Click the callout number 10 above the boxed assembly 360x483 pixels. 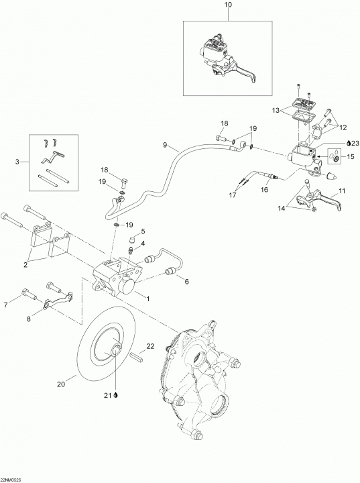point(229,5)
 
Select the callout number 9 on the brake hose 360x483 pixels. point(165,144)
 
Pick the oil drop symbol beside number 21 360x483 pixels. point(116,396)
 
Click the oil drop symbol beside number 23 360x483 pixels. point(348,144)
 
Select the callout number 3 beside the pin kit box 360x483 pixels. point(17,162)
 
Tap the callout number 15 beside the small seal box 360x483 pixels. point(351,157)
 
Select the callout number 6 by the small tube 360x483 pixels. point(186,281)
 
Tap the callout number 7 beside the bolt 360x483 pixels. point(6,305)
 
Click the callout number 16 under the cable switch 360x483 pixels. point(265,189)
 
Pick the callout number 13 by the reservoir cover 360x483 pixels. point(276,110)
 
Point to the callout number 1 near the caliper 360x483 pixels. point(147,299)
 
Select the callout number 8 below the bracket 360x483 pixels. point(29,319)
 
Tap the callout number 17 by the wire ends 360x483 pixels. point(233,195)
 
